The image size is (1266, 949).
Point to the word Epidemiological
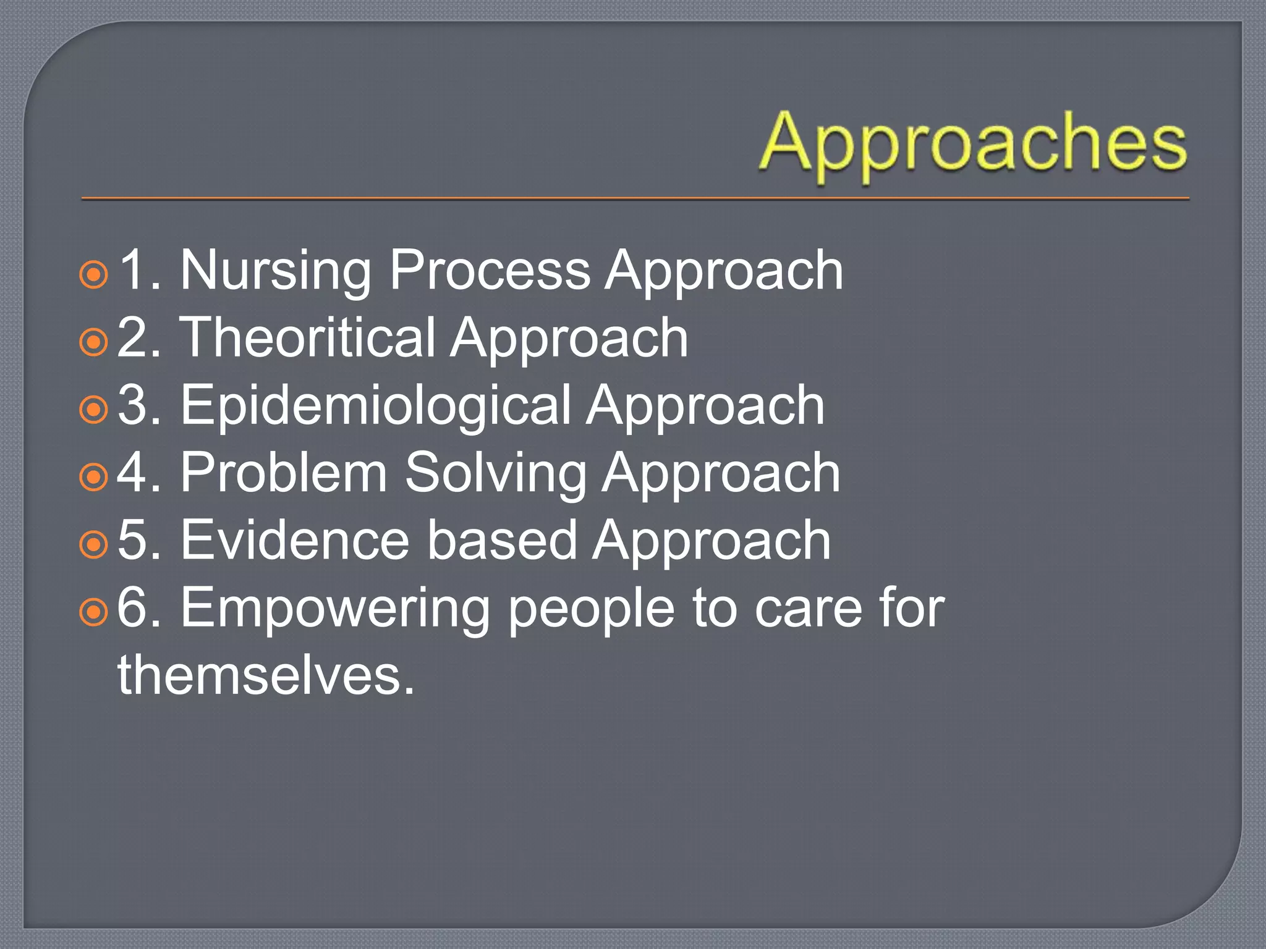click(x=375, y=406)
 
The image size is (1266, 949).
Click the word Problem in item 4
click(x=283, y=473)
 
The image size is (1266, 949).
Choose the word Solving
click(x=495, y=473)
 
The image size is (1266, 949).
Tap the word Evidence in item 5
click(x=295, y=541)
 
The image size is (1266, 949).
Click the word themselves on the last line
click(x=266, y=675)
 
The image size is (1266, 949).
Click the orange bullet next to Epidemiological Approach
click(x=94, y=410)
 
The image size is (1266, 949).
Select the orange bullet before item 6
click(x=94, y=612)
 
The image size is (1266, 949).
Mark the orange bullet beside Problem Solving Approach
click(x=94, y=477)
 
